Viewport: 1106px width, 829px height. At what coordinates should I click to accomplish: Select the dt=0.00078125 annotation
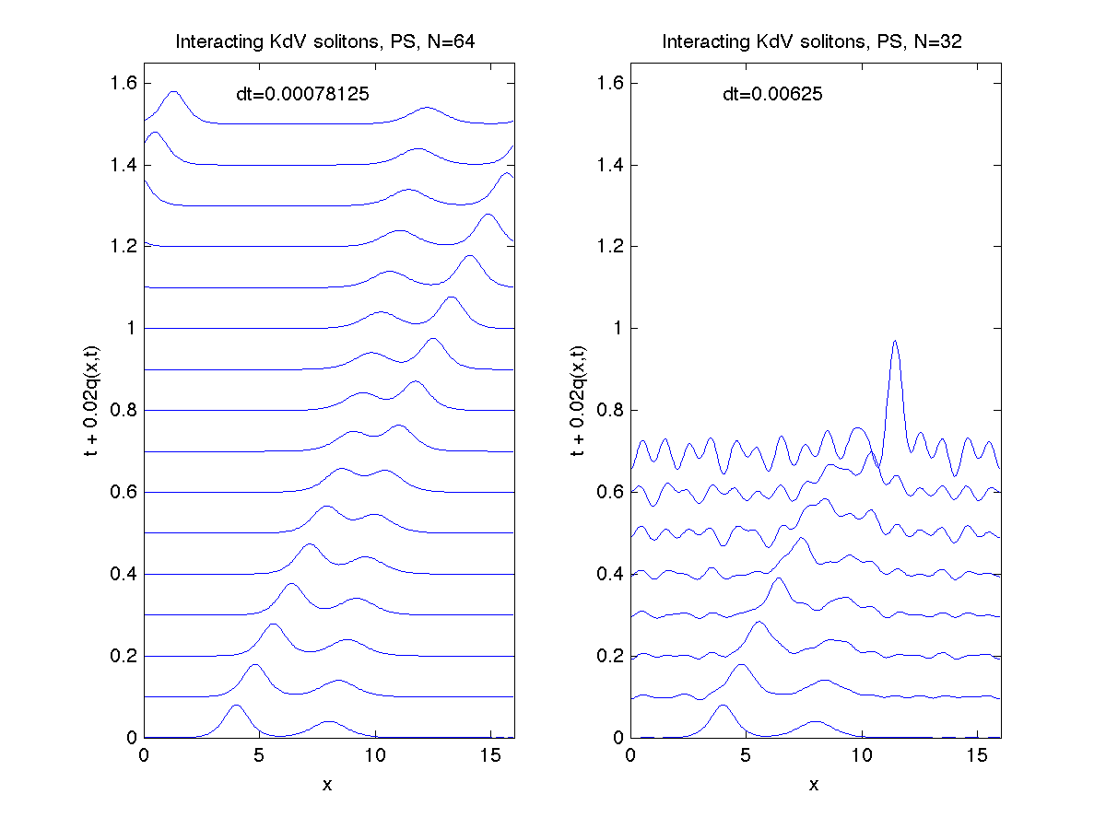pyautogui.click(x=303, y=93)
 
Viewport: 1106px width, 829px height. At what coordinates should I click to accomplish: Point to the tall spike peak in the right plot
pyautogui.click(x=894, y=342)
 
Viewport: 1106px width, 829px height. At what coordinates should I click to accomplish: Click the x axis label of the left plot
pyautogui.click(x=328, y=785)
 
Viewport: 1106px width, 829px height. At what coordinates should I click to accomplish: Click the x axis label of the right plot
pyautogui.click(x=814, y=785)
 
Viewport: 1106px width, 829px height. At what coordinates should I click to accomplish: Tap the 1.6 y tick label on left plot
pyautogui.click(x=124, y=83)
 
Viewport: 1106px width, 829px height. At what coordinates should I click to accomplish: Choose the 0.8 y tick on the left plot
pyautogui.click(x=124, y=410)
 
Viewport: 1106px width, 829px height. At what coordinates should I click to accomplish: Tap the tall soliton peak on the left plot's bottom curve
pyautogui.click(x=236, y=706)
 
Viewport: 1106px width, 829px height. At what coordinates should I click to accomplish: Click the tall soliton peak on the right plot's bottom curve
pyautogui.click(x=723, y=706)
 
